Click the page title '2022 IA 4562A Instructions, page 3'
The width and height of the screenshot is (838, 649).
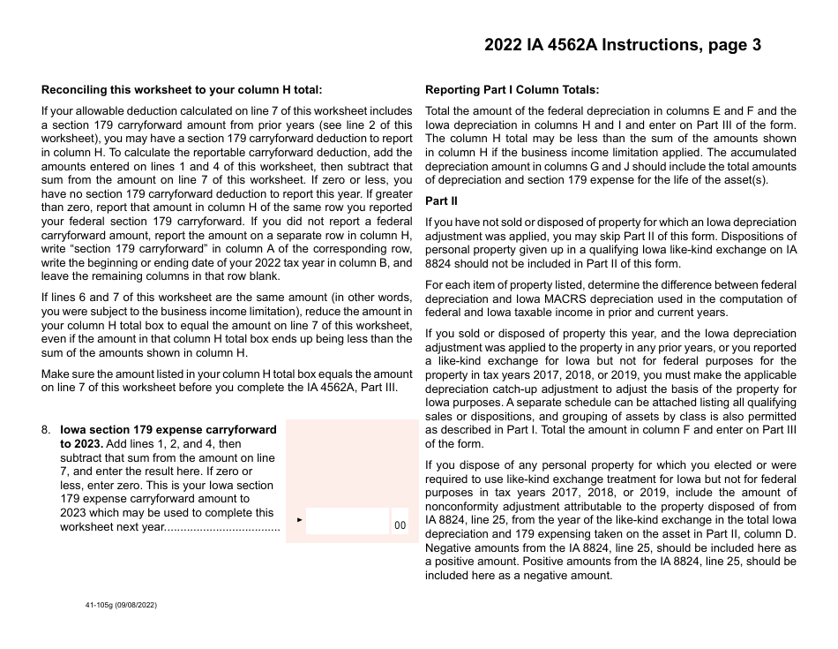coord(622,46)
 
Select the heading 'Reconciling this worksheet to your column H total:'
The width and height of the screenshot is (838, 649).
coord(182,89)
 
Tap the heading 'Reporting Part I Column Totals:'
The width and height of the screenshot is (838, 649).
coord(512,89)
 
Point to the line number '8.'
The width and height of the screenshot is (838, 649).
coord(47,430)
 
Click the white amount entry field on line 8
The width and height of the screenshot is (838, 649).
coord(347,522)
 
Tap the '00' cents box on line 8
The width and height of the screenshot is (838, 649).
coord(400,525)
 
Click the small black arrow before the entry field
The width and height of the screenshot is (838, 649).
coord(300,520)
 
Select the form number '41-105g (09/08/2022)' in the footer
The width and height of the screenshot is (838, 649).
coord(120,605)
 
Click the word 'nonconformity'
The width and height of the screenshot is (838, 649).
coord(462,507)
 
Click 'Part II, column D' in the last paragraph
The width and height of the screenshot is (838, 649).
coord(746,535)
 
